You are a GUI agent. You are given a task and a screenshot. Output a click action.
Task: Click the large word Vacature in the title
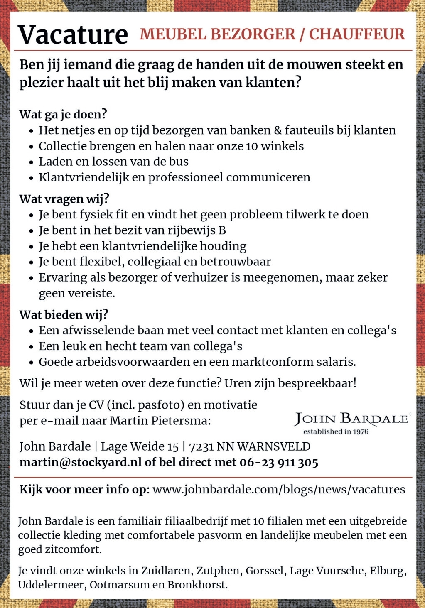[x=73, y=34]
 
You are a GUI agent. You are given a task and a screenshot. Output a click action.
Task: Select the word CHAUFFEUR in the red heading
[x=356, y=34]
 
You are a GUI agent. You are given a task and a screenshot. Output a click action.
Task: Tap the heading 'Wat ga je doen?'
[x=63, y=114]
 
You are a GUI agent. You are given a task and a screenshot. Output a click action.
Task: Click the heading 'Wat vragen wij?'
[x=64, y=199]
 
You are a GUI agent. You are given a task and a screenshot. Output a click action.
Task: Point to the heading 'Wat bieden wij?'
[x=64, y=314]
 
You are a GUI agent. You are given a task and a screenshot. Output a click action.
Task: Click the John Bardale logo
[x=351, y=419]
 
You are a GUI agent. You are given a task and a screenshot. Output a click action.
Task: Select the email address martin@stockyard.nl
[x=80, y=462]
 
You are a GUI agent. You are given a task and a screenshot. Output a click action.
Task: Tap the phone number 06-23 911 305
[x=279, y=462]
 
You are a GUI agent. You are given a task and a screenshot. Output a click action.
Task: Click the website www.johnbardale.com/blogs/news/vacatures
[x=279, y=489]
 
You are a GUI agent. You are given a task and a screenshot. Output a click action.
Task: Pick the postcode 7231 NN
[x=211, y=446]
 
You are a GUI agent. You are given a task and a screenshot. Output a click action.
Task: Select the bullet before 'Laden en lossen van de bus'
[x=31, y=162]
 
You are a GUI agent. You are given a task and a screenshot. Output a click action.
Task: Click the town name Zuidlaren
[x=167, y=571]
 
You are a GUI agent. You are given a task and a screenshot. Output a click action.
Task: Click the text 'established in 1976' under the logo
[x=336, y=431]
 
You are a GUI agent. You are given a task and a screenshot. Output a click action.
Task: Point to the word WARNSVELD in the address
[x=274, y=446]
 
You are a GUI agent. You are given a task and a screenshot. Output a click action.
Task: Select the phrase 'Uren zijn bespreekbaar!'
[x=290, y=383]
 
